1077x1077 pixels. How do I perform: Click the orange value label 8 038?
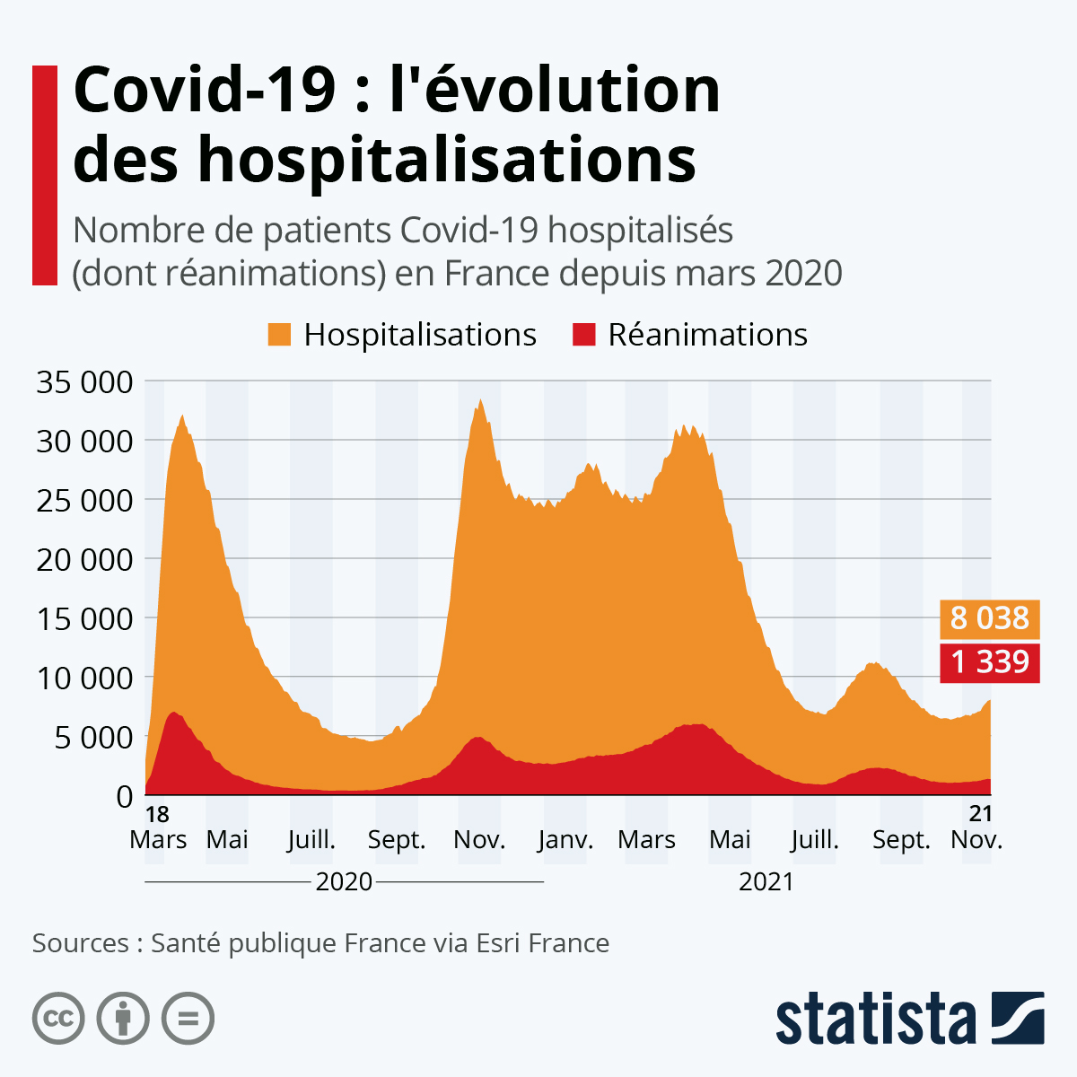coord(989,618)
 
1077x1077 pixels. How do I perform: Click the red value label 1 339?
coord(989,662)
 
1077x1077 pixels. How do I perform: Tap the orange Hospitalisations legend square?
coord(280,335)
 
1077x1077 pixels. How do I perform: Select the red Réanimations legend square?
coord(584,335)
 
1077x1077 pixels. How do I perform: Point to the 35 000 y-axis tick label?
coord(84,381)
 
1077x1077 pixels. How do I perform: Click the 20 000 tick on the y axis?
coord(84,559)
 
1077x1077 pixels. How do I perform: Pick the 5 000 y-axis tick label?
coord(93,737)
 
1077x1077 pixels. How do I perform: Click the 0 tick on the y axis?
coord(124,796)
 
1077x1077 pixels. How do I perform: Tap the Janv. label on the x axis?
coord(565,840)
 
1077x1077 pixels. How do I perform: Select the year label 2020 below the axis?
coord(344,882)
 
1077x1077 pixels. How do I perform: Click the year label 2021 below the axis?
coord(766,882)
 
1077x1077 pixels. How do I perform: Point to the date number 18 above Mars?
coord(157,815)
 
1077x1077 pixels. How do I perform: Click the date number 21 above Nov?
coord(981,813)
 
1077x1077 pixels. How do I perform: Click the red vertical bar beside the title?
coord(45,175)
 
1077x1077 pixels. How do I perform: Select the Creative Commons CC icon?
coord(58,1019)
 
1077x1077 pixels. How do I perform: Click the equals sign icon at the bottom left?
coord(188,1019)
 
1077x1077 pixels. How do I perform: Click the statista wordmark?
coord(875,1019)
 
